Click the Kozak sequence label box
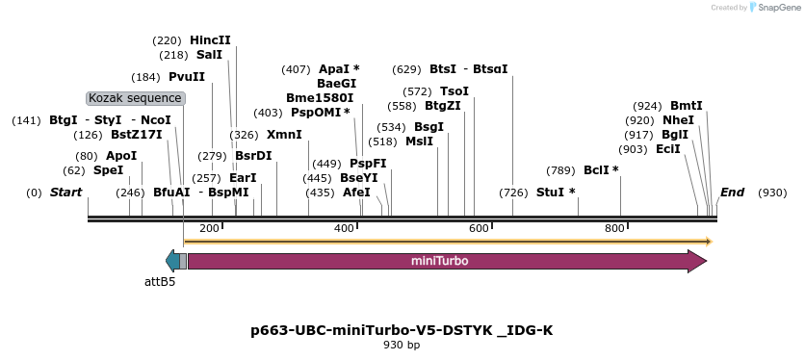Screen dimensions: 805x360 pyautogui.click(x=135, y=98)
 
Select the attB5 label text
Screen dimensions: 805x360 pyautogui.click(x=160, y=282)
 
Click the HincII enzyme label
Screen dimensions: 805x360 pyautogui.click(x=210, y=40)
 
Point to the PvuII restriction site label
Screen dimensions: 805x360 pyautogui.click(x=186, y=77)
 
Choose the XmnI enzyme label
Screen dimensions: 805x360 pyautogui.click(x=283, y=135)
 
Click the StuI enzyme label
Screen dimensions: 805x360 pyautogui.click(x=555, y=193)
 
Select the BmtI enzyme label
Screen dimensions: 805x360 pyautogui.click(x=687, y=106)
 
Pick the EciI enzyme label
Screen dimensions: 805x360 pyautogui.click(x=667, y=149)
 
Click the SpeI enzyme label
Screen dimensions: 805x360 pyautogui.click(x=108, y=170)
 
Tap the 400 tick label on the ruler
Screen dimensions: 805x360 pyautogui.click(x=345, y=228)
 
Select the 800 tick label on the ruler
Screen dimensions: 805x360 pyautogui.click(x=614, y=228)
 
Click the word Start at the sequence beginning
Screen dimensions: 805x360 pyautogui.click(x=65, y=193)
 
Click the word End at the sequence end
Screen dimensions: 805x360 pyautogui.click(x=732, y=193)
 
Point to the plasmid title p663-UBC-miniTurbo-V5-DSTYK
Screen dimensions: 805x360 pyautogui.click(x=402, y=330)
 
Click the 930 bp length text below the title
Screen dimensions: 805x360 pyautogui.click(x=402, y=345)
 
